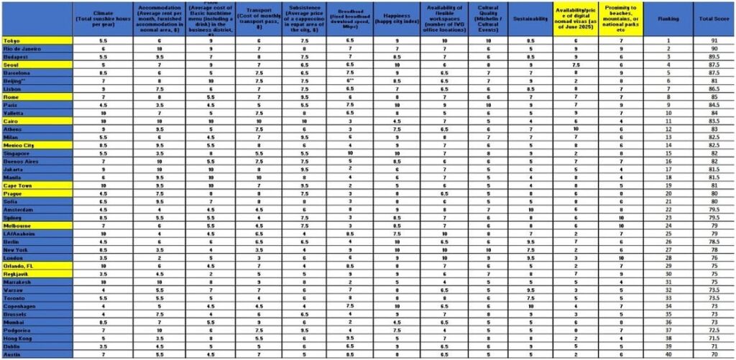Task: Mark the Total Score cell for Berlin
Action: [713, 242]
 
